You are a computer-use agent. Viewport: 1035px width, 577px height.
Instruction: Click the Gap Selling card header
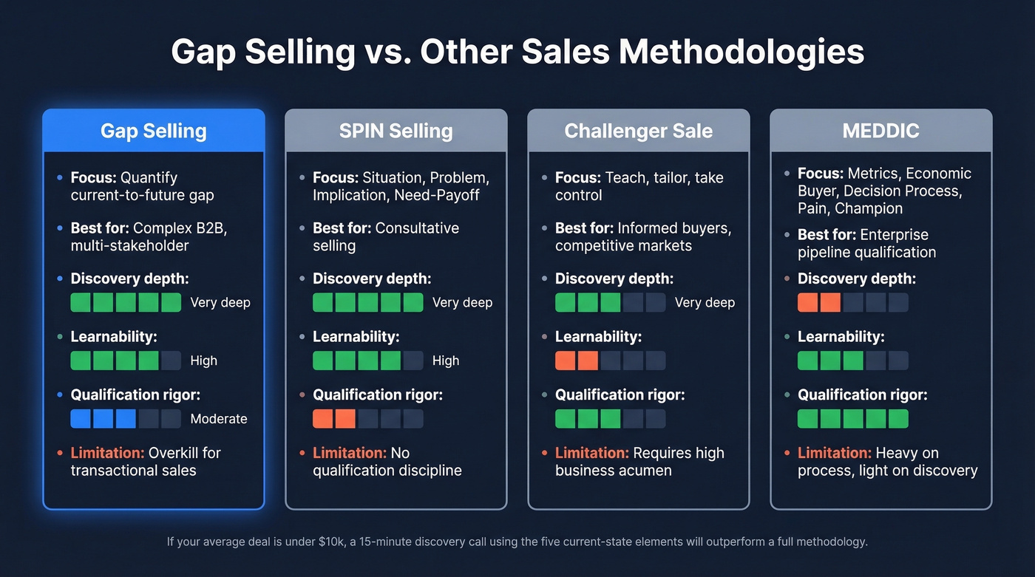coord(153,131)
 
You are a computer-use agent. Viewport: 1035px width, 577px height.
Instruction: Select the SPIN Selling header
coord(396,131)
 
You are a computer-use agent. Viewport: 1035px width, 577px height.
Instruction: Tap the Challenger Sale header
coord(638,131)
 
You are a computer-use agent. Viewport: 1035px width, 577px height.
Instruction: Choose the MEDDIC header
coord(880,131)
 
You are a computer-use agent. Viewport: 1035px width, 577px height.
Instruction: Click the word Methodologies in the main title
coord(742,52)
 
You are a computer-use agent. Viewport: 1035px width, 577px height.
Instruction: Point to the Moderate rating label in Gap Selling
coord(219,419)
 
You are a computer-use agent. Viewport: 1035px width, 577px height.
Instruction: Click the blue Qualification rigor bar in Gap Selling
coord(103,419)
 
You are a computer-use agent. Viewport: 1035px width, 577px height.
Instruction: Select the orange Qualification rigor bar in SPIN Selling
coord(335,419)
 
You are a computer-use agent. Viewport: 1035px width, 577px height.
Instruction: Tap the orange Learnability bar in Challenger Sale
coord(577,361)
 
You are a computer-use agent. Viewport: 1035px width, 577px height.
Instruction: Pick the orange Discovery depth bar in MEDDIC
coord(820,302)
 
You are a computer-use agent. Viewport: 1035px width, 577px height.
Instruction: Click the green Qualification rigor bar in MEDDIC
coord(853,419)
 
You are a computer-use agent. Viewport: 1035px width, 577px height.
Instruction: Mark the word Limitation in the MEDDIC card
coord(834,453)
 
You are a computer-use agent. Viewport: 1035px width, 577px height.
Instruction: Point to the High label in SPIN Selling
coord(446,361)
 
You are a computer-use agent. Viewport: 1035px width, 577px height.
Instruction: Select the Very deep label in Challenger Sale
coord(705,302)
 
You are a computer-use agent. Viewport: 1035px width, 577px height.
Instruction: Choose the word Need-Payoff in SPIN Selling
coord(448,195)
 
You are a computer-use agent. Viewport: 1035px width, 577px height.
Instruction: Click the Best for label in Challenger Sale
coord(584,228)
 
